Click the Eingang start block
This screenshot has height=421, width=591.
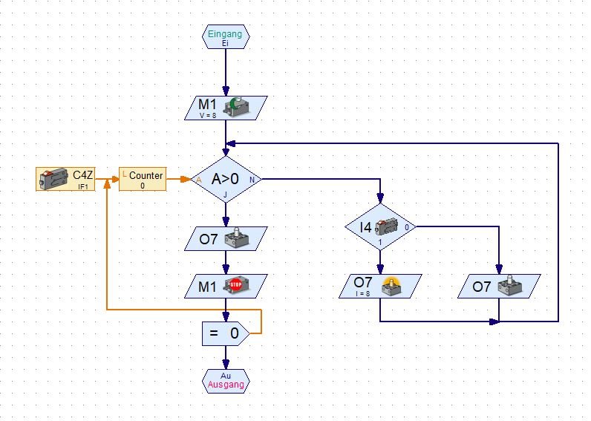click(x=226, y=37)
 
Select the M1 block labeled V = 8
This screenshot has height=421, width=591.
click(x=226, y=108)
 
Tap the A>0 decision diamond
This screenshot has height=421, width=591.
click(x=226, y=179)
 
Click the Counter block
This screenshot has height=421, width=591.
click(x=143, y=179)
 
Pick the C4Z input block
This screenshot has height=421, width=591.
click(x=68, y=179)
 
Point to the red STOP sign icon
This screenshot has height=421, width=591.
click(x=236, y=284)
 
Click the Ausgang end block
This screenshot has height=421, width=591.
click(x=226, y=381)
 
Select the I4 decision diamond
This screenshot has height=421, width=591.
click(x=380, y=226)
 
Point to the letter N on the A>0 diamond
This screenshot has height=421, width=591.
click(x=252, y=180)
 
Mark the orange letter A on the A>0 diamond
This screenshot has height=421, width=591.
click(x=198, y=180)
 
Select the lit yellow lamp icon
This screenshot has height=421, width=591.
click(x=391, y=286)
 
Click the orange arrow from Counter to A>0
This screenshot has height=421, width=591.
click(x=178, y=179)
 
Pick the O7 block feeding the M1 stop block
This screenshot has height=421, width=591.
click(x=226, y=238)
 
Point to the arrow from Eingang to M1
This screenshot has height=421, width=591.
click(x=226, y=71)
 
